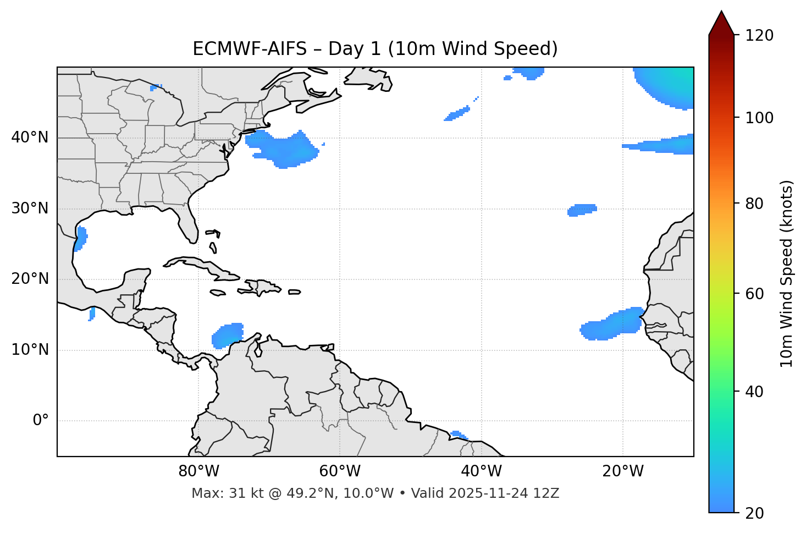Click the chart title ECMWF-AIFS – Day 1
pos(375,49)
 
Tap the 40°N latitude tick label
pos(30,138)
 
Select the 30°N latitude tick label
pos(30,208)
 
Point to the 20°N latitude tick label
pos(30,279)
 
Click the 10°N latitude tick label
pos(30,350)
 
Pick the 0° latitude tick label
pos(41,421)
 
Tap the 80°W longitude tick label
pos(198,471)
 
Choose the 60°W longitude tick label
pos(340,471)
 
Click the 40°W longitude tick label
pos(481,471)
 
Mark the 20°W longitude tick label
pos(622,471)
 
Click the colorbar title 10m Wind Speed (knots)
pos(787,274)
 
